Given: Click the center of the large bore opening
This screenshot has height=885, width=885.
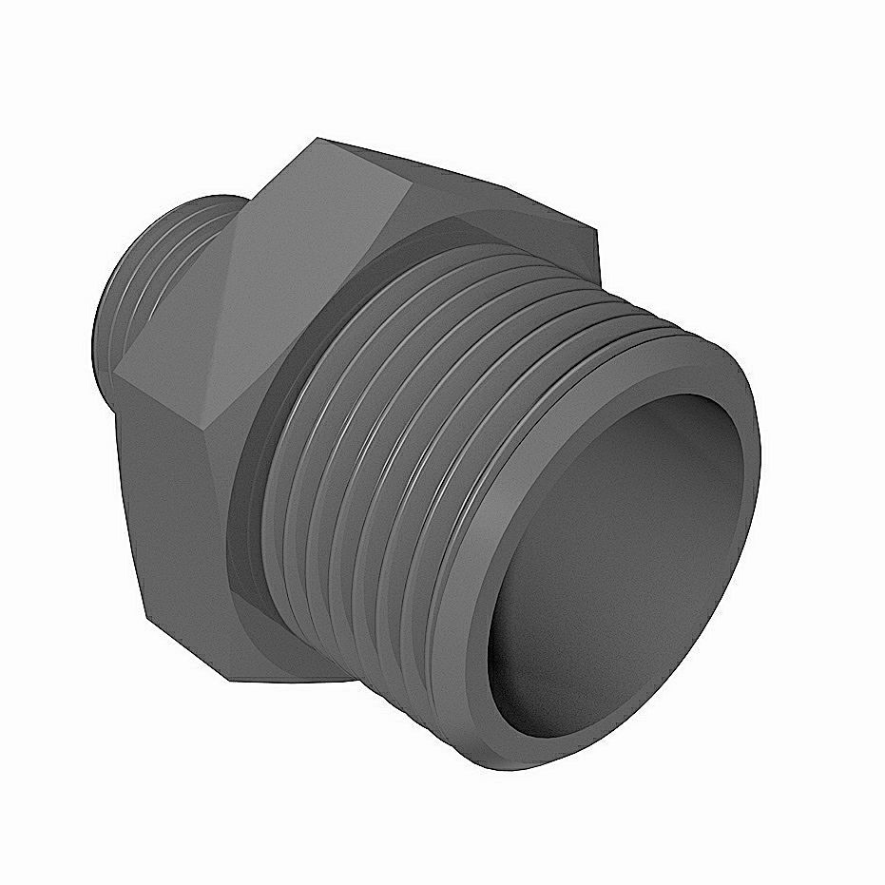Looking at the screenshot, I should pos(623,561).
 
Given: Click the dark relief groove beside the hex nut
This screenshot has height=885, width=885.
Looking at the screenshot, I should pos(249,475).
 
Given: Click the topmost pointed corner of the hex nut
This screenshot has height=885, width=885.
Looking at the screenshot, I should pos(318,140).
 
